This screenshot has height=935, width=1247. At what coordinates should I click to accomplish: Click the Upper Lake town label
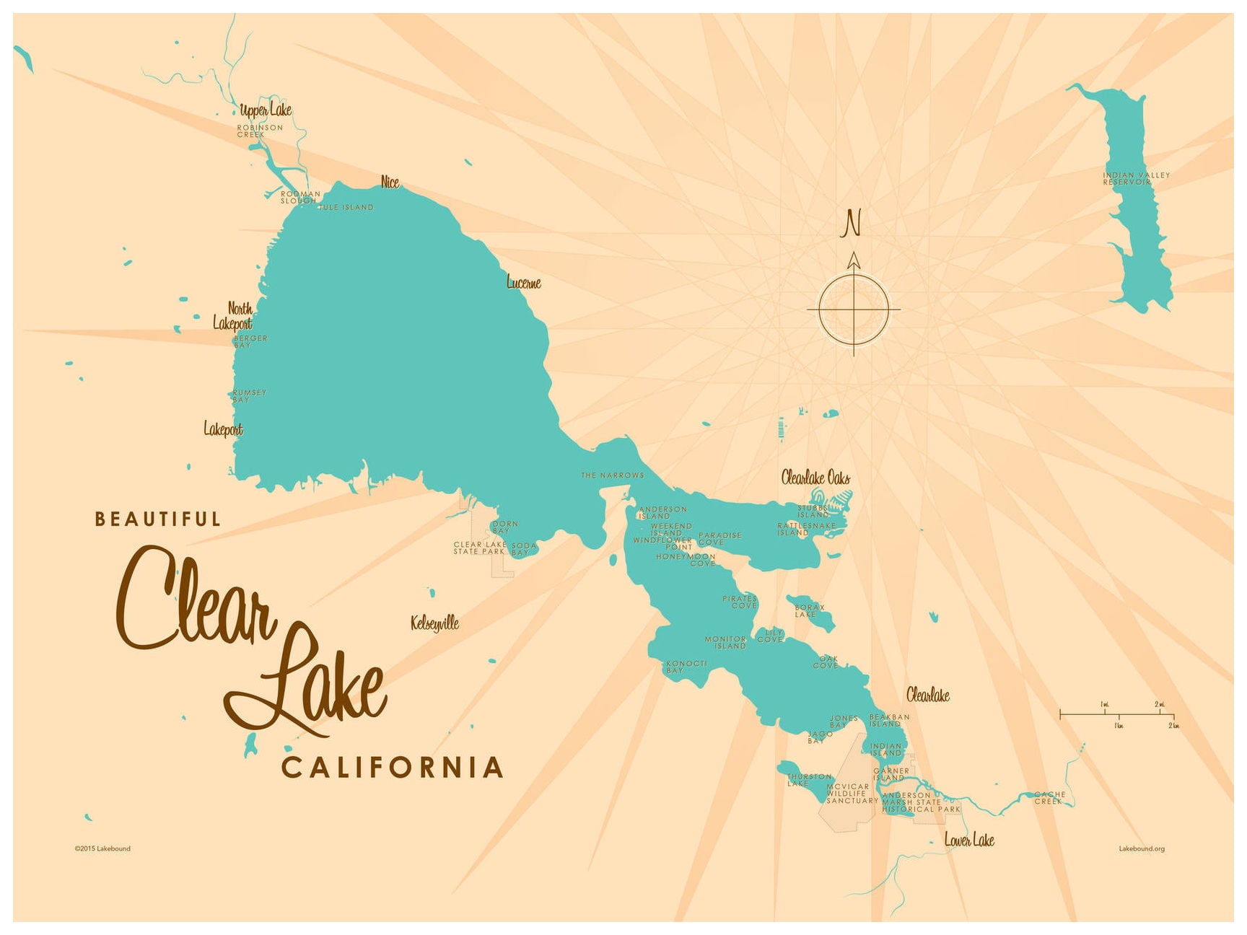[266, 110]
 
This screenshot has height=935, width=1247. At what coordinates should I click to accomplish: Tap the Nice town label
[390, 182]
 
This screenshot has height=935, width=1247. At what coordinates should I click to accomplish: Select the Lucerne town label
[523, 282]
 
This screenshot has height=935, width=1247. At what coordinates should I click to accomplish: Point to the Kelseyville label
[434, 623]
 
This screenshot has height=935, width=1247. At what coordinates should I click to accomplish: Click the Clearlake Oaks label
[815, 477]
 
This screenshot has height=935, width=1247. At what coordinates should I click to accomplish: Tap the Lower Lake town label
[969, 840]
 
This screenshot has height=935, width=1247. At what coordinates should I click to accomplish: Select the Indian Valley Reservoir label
[1136, 178]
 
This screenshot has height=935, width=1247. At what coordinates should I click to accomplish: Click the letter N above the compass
[852, 223]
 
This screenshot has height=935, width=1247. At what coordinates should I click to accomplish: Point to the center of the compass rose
[854, 309]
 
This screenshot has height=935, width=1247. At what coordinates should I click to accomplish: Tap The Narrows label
[612, 475]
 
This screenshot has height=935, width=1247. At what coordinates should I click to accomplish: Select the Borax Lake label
[809, 610]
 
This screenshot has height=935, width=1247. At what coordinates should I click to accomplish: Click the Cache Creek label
[1049, 797]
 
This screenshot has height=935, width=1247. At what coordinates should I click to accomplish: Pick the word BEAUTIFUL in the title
[158, 519]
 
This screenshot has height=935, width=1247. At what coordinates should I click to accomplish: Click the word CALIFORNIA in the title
[392, 768]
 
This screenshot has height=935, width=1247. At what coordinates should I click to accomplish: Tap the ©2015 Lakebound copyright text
[102, 848]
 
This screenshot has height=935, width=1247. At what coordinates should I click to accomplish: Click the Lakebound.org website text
[1141, 848]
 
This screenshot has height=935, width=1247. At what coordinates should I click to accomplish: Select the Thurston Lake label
[808, 780]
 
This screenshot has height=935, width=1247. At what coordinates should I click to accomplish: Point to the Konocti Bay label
[686, 667]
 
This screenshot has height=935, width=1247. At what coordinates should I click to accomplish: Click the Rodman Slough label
[300, 197]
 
